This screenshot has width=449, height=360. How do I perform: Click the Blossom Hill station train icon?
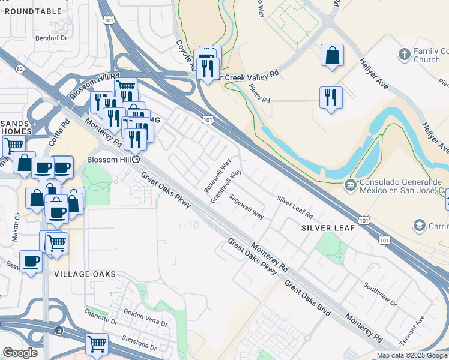[x=136, y=160]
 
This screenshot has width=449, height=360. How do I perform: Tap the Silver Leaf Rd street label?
[x=295, y=206]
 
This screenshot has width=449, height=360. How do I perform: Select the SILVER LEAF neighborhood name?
[x=328, y=229]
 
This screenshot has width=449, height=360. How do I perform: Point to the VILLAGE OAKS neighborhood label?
[x=85, y=274]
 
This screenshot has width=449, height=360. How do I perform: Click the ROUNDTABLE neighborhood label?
[x=33, y=11]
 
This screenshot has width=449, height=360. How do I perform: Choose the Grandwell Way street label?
[x=226, y=185]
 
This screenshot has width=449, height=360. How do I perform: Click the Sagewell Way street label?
[x=247, y=205]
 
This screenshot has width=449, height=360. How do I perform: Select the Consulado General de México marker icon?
[x=350, y=185]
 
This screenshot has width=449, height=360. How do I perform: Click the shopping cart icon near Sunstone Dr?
[x=96, y=344]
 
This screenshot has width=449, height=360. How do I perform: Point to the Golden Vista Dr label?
[x=145, y=317]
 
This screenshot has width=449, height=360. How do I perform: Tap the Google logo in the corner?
[x=20, y=353]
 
